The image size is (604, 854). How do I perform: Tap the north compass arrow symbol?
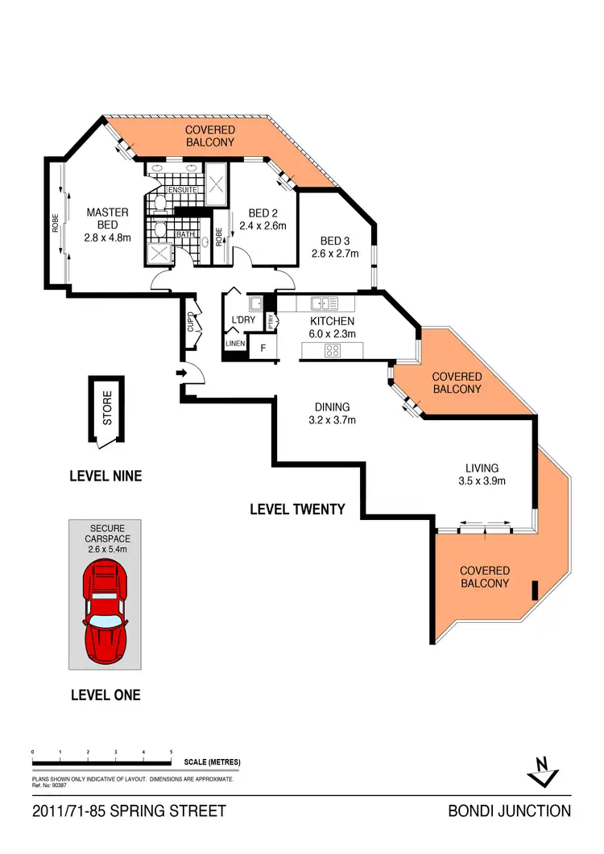[542, 771]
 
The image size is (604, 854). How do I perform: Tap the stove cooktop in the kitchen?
[333, 350]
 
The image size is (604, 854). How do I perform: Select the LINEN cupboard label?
[234, 344]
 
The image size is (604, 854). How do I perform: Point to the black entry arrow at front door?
[180, 373]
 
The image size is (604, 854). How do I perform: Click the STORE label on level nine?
[108, 406]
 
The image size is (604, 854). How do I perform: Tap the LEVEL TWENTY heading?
[297, 510]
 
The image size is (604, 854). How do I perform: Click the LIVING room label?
[482, 468]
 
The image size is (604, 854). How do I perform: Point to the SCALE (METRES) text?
[212, 762]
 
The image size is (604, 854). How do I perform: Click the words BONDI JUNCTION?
[509, 811]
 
